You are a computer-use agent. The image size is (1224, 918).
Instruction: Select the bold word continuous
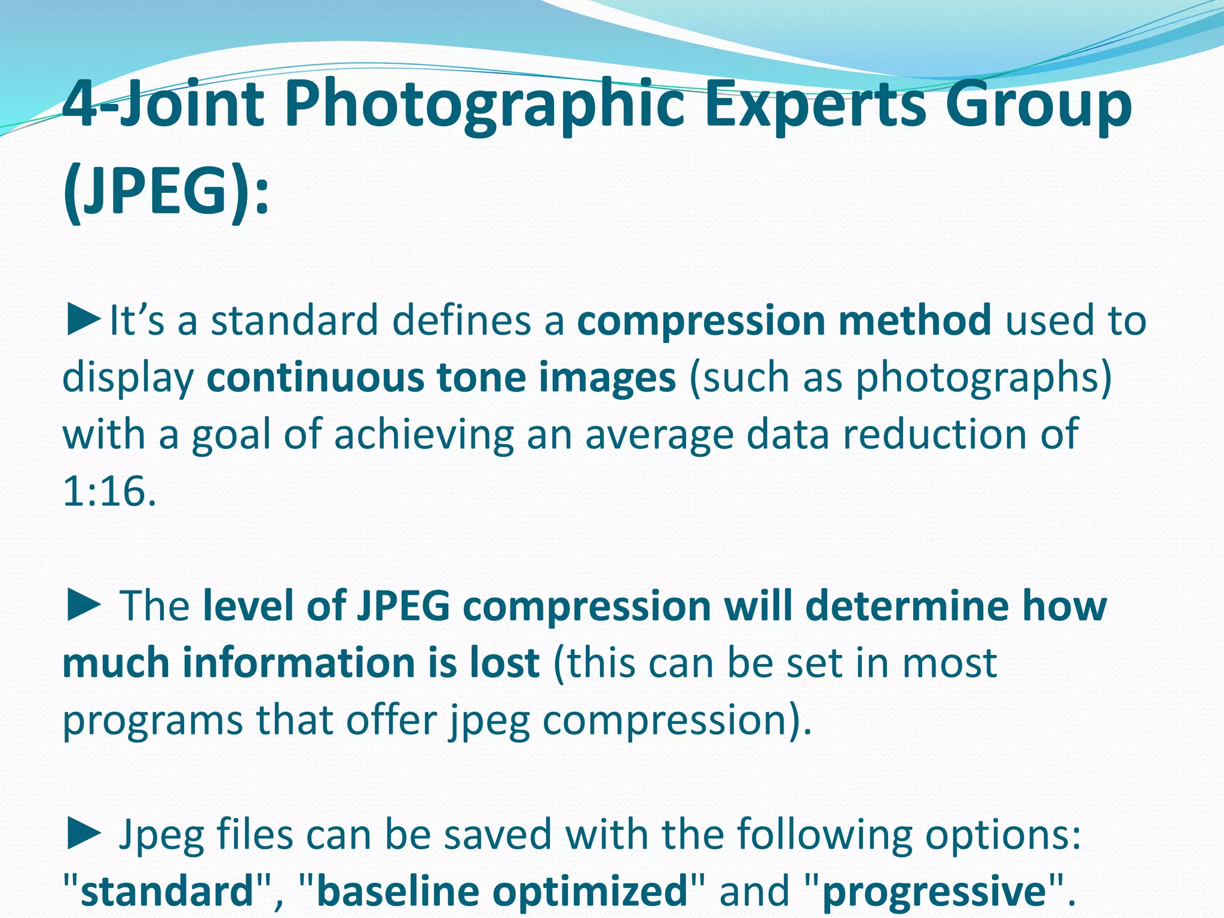coord(314,378)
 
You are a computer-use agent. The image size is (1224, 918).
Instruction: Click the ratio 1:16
coord(109,492)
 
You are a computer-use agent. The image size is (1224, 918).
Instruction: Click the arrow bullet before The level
coord(84,605)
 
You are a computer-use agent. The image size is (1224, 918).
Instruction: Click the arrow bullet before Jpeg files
coord(84,834)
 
